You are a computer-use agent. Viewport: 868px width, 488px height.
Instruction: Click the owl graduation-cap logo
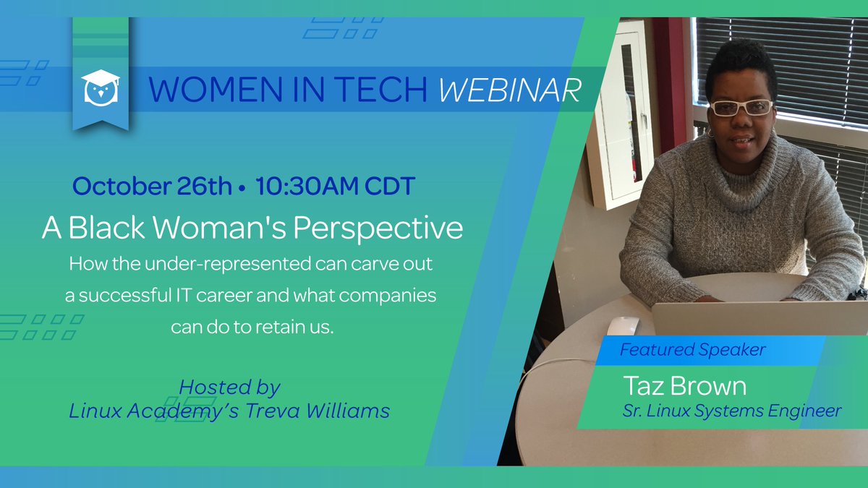point(101,87)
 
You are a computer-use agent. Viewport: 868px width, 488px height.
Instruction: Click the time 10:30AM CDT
point(334,186)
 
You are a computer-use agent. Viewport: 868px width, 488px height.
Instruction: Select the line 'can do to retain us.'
point(252,327)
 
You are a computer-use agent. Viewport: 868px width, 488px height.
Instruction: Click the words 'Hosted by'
point(229,388)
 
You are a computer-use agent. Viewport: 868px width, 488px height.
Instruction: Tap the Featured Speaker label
point(692,351)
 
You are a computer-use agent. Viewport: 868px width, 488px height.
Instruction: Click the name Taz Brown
point(684,386)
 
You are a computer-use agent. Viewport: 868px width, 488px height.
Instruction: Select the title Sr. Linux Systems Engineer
point(731,411)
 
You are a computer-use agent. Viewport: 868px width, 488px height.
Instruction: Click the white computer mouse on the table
point(622,325)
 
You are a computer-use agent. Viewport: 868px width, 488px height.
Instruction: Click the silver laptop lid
point(759,318)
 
